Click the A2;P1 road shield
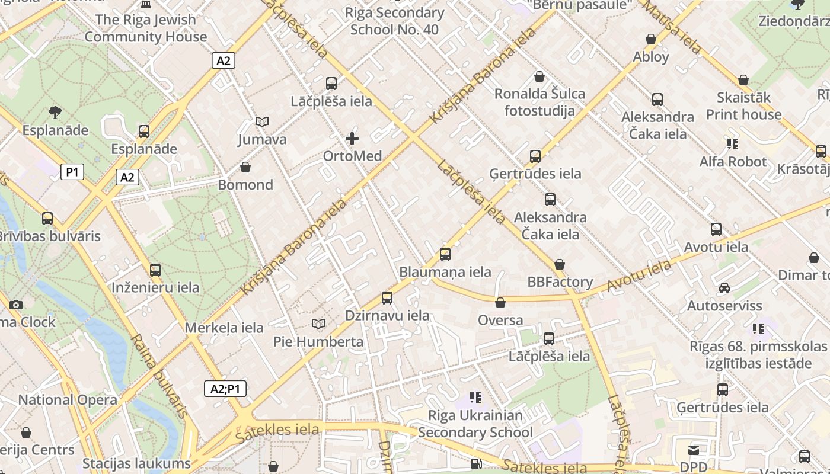tap(225, 389)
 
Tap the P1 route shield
tap(72, 172)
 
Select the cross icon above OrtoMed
tap(352, 139)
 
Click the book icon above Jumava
tap(262, 122)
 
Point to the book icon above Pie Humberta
tap(318, 324)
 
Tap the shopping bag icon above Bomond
tap(245, 168)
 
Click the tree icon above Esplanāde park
tap(55, 112)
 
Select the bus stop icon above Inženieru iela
tap(155, 270)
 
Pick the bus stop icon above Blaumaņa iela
tap(445, 254)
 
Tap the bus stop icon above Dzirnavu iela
tap(387, 297)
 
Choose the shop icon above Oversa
tap(500, 303)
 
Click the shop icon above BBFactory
tap(560, 264)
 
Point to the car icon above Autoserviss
tap(724, 288)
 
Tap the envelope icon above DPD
tap(693, 450)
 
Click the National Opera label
tap(68, 400)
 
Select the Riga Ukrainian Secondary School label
tap(475, 424)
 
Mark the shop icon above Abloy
tap(651, 40)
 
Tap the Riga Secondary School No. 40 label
tap(394, 21)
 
